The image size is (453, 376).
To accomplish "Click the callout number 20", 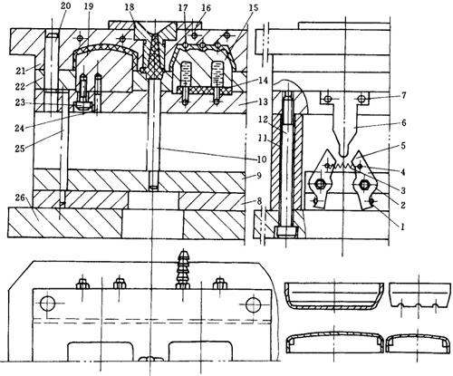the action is coord(65,5).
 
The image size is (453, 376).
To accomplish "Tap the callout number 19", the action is coord(89,6).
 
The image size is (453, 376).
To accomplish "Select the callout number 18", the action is coord(130,6).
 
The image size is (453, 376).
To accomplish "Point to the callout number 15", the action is coord(254,7).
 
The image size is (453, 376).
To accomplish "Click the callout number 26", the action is coord(21,198).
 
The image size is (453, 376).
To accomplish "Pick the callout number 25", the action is coord(20,149).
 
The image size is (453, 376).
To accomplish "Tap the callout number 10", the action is coord(262,159).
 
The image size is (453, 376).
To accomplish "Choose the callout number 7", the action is coord(404,96).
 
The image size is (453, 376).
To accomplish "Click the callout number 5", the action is coord(404,146).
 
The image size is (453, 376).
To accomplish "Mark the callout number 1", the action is coord(402,227).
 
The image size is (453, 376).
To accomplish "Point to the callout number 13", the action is coord(263,101).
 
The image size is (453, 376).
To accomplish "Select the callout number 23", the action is coord(20,102).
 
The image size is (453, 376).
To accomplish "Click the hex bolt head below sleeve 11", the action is coord(286,233).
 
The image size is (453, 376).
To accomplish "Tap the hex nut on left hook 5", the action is coord(320,184).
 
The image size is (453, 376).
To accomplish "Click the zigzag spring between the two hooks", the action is coord(343,166).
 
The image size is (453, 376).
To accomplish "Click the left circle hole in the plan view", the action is coord(48,304).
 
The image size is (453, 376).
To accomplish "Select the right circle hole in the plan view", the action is coord(254,304).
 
